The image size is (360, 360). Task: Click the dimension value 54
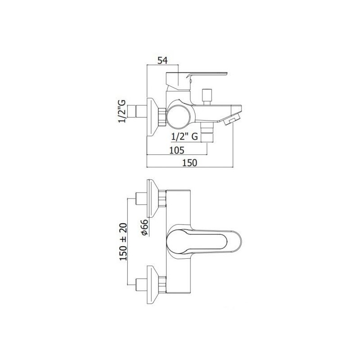(x=162, y=61)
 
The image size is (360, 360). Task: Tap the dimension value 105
(x=177, y=150)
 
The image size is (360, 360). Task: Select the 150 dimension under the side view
(x=189, y=162)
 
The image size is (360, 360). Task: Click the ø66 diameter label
(x=145, y=227)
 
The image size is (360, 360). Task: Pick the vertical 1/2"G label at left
(x=122, y=111)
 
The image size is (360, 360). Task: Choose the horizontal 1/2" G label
(x=184, y=137)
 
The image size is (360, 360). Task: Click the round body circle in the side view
(x=178, y=116)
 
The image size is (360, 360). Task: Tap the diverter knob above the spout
(x=207, y=97)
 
